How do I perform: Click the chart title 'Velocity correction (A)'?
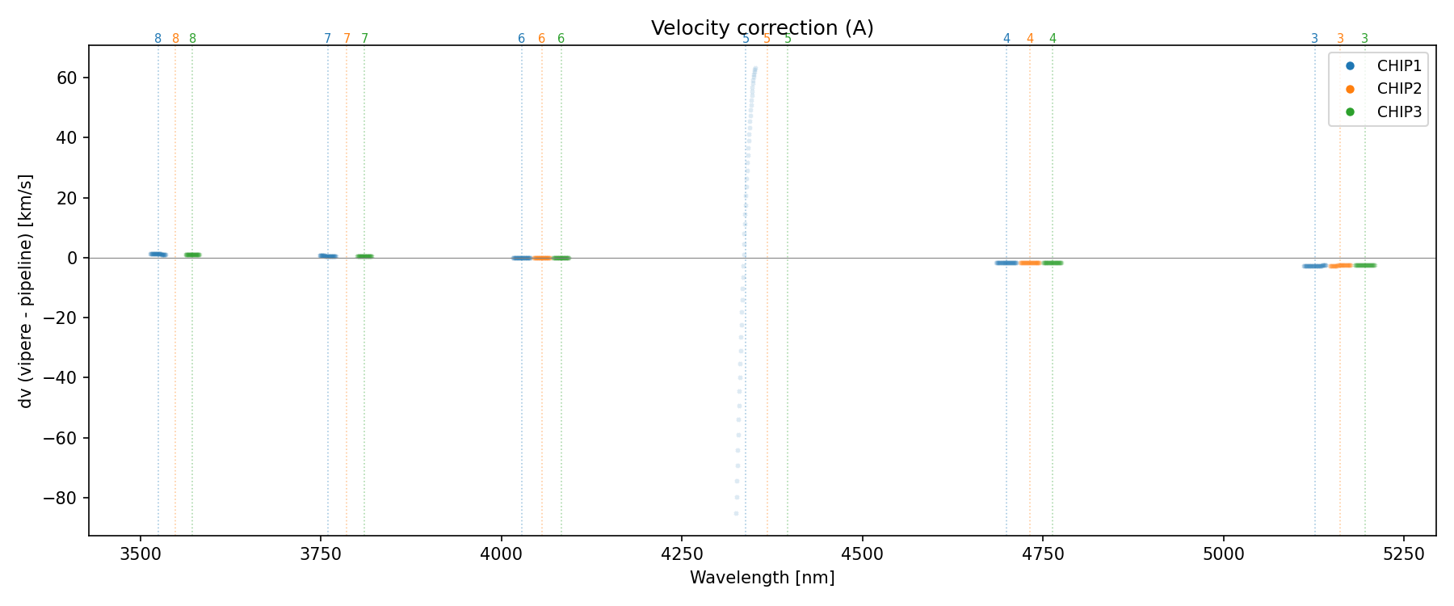[762, 28]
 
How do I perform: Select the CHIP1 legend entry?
[1398, 66]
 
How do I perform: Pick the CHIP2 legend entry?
[1398, 89]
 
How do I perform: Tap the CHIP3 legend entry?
[1398, 112]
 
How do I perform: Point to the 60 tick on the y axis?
[66, 78]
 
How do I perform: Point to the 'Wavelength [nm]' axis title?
[762, 578]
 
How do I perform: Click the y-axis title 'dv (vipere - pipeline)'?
[26, 291]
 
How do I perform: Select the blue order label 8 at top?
[158, 39]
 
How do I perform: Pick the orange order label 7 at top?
[347, 39]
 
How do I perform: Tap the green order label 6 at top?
[561, 39]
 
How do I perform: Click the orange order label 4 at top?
[1030, 39]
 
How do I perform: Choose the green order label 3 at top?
[1365, 39]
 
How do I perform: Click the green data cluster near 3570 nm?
[192, 255]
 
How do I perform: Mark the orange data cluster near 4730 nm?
[1030, 263]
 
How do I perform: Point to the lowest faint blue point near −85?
[736, 513]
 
